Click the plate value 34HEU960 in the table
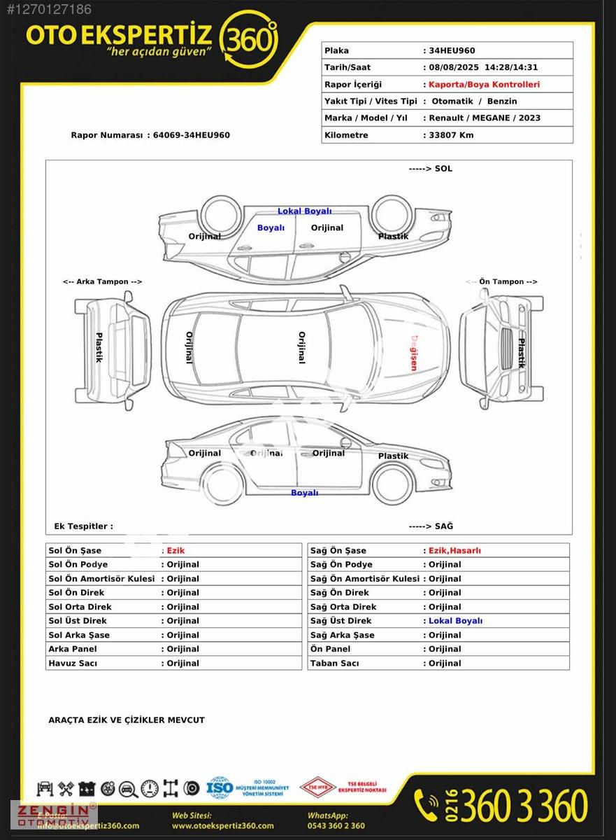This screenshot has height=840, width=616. (x=452, y=50)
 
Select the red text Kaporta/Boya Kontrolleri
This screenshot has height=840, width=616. (x=484, y=84)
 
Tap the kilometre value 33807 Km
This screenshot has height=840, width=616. (x=451, y=135)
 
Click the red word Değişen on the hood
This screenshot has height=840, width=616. (x=413, y=352)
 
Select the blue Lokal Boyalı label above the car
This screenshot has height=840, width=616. (x=304, y=211)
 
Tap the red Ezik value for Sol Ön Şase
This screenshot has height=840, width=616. (x=176, y=551)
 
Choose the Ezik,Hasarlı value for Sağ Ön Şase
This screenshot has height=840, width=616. (x=454, y=551)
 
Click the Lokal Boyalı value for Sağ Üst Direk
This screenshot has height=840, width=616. (x=455, y=621)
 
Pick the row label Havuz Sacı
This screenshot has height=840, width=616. (x=73, y=663)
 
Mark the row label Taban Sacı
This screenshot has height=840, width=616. (x=334, y=663)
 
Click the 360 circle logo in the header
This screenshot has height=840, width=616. (x=248, y=39)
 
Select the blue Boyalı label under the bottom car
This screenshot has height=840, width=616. (x=304, y=493)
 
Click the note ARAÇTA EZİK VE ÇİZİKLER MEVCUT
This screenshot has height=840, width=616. (x=127, y=720)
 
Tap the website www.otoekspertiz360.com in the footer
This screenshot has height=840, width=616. (x=222, y=826)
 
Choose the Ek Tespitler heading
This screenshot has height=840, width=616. (x=83, y=526)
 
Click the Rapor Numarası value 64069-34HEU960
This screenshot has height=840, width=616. (x=192, y=135)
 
